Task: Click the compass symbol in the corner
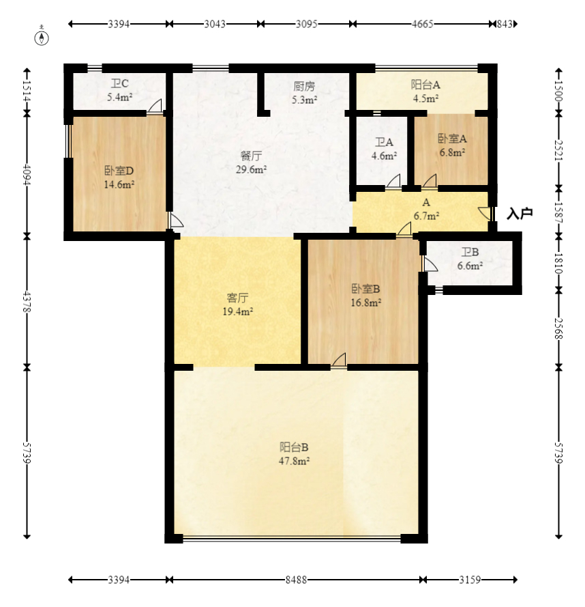[x=42, y=38]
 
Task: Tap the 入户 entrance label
[x=520, y=213]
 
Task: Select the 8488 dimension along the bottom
[x=296, y=580]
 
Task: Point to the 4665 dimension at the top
[x=422, y=24]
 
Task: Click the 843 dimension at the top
[x=505, y=24]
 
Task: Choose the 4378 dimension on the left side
[x=27, y=301]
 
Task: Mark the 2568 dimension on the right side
[x=558, y=328]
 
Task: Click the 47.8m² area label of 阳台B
[x=295, y=461]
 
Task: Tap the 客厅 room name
[x=237, y=298]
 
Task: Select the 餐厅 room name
[x=252, y=156]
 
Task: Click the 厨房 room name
[x=304, y=86]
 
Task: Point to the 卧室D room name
[x=119, y=170]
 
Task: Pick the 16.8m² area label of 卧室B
[x=365, y=302]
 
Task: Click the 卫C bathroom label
[x=119, y=83]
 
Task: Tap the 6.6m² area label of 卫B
[x=470, y=266]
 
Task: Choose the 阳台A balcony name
[x=425, y=85]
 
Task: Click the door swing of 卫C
[x=155, y=107]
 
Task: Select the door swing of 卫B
[x=431, y=264]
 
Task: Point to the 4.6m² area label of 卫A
[x=384, y=156]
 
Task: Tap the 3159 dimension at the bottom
[x=470, y=580]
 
